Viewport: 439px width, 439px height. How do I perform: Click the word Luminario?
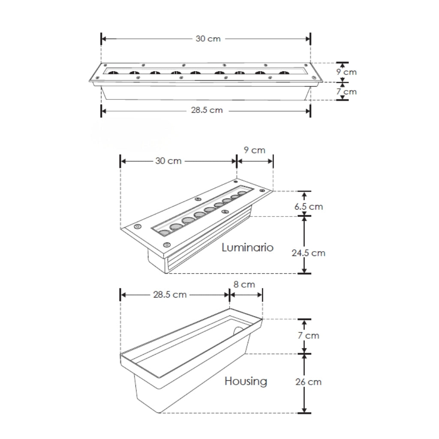tap(247, 247)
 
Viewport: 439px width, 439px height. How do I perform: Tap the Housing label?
tap(246, 381)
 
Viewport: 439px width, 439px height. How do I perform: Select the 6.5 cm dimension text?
tap(309, 207)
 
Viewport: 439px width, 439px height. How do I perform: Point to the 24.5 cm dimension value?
tap(309, 253)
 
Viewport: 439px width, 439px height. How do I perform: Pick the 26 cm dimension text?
tap(309, 382)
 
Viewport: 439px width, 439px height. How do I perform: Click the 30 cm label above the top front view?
tap(208, 39)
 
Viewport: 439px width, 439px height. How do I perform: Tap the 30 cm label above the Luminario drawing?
tap(168, 161)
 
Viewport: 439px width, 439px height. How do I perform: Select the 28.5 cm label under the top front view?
tap(207, 110)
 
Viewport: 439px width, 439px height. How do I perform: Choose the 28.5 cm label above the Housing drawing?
tap(170, 295)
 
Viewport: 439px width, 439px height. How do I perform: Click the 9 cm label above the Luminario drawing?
tap(255, 150)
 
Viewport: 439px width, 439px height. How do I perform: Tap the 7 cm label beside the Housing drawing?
tap(309, 335)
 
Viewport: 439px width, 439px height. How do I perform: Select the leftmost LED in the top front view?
tap(113, 73)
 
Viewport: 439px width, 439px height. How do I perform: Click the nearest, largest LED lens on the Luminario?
tap(165, 233)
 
